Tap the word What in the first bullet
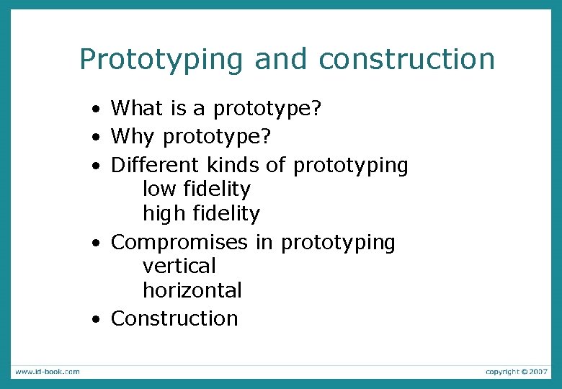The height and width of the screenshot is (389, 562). pyautogui.click(x=138, y=109)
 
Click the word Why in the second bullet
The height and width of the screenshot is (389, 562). pyautogui.click(x=134, y=137)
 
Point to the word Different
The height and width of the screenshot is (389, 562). pyautogui.click(x=156, y=165)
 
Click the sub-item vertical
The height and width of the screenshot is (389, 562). pyautogui.click(x=179, y=266)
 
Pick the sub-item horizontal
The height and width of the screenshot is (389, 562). pyautogui.click(x=192, y=290)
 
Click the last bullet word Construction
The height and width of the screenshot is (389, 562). pyautogui.click(x=174, y=318)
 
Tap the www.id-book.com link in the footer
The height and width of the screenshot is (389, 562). pyautogui.click(x=47, y=372)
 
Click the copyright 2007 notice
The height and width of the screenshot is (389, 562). pyautogui.click(x=517, y=372)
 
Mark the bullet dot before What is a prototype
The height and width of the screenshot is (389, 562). pyautogui.click(x=96, y=110)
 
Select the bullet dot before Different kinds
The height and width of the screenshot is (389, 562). pyautogui.click(x=96, y=166)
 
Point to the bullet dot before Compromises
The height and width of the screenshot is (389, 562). pyautogui.click(x=96, y=243)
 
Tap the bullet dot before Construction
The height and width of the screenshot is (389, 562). pyautogui.click(x=96, y=320)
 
